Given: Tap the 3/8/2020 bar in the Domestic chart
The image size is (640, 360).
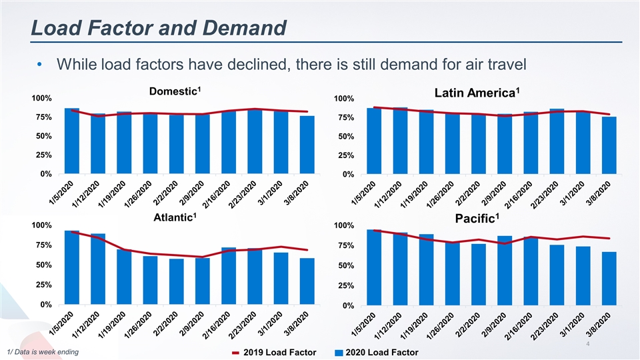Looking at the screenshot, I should coord(307,145).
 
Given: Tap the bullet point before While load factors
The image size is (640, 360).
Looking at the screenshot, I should coord(41,65).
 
